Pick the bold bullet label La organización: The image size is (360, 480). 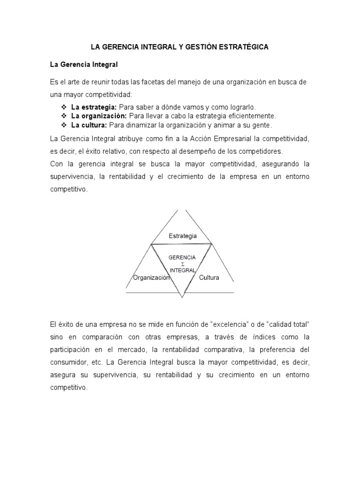click(x=99, y=116)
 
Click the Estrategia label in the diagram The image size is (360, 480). click(x=182, y=236)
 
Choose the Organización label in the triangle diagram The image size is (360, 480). click(x=150, y=277)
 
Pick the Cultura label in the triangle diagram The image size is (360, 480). click(x=209, y=277)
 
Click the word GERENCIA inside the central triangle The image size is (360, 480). click(x=182, y=258)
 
